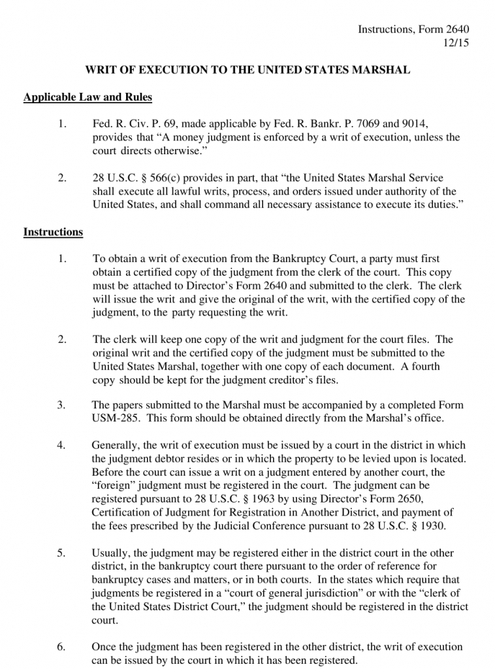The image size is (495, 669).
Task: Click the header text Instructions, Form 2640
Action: [x=414, y=29]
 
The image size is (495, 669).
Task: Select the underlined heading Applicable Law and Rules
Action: [x=88, y=97]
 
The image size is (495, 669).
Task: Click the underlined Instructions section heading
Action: [x=53, y=232]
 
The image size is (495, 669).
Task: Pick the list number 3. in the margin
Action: [x=61, y=405]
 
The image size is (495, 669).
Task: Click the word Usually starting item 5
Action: [x=113, y=553]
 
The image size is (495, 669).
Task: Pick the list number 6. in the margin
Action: [x=61, y=647]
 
